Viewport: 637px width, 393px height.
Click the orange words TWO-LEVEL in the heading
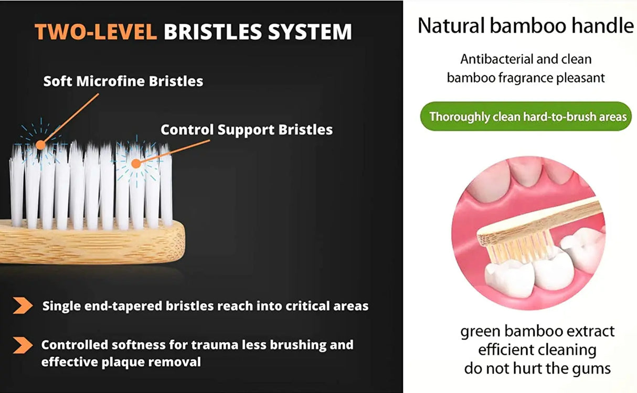pos(95,33)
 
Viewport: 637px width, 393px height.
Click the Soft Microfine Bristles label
pos(123,81)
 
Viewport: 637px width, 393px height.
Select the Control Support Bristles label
pos(246,130)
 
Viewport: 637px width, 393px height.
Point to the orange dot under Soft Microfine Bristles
pos(40,145)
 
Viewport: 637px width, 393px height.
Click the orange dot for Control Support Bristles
pos(135,164)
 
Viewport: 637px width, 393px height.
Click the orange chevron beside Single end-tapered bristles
pos(23,306)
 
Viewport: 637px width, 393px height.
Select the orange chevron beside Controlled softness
pos(23,345)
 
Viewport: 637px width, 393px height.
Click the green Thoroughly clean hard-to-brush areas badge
pos(526,116)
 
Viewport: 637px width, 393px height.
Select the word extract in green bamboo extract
pos(589,332)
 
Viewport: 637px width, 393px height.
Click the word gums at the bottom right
pos(591,368)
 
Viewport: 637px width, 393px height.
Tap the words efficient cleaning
pos(537,350)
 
